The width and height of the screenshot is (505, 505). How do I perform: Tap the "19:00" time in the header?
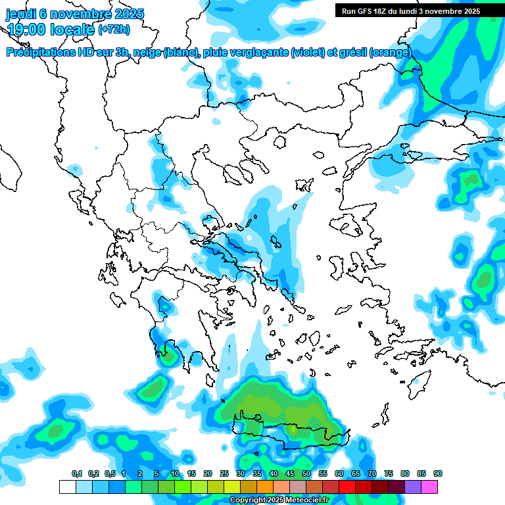click(x=27, y=30)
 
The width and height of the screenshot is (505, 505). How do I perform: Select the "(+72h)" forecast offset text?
click(x=114, y=30)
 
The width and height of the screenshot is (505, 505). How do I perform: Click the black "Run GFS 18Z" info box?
click(x=411, y=11)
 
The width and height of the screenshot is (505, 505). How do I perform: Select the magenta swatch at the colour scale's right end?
click(x=429, y=487)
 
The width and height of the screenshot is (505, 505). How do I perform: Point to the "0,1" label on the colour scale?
click(x=76, y=474)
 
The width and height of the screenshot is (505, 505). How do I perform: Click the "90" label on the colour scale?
click(x=438, y=474)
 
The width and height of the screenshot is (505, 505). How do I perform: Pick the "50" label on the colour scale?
click(x=306, y=474)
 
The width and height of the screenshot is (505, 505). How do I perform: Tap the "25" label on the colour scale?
click(x=224, y=474)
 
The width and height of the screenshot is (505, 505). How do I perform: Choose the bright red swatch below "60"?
click(x=347, y=487)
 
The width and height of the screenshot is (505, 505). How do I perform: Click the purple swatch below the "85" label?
click(x=413, y=487)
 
